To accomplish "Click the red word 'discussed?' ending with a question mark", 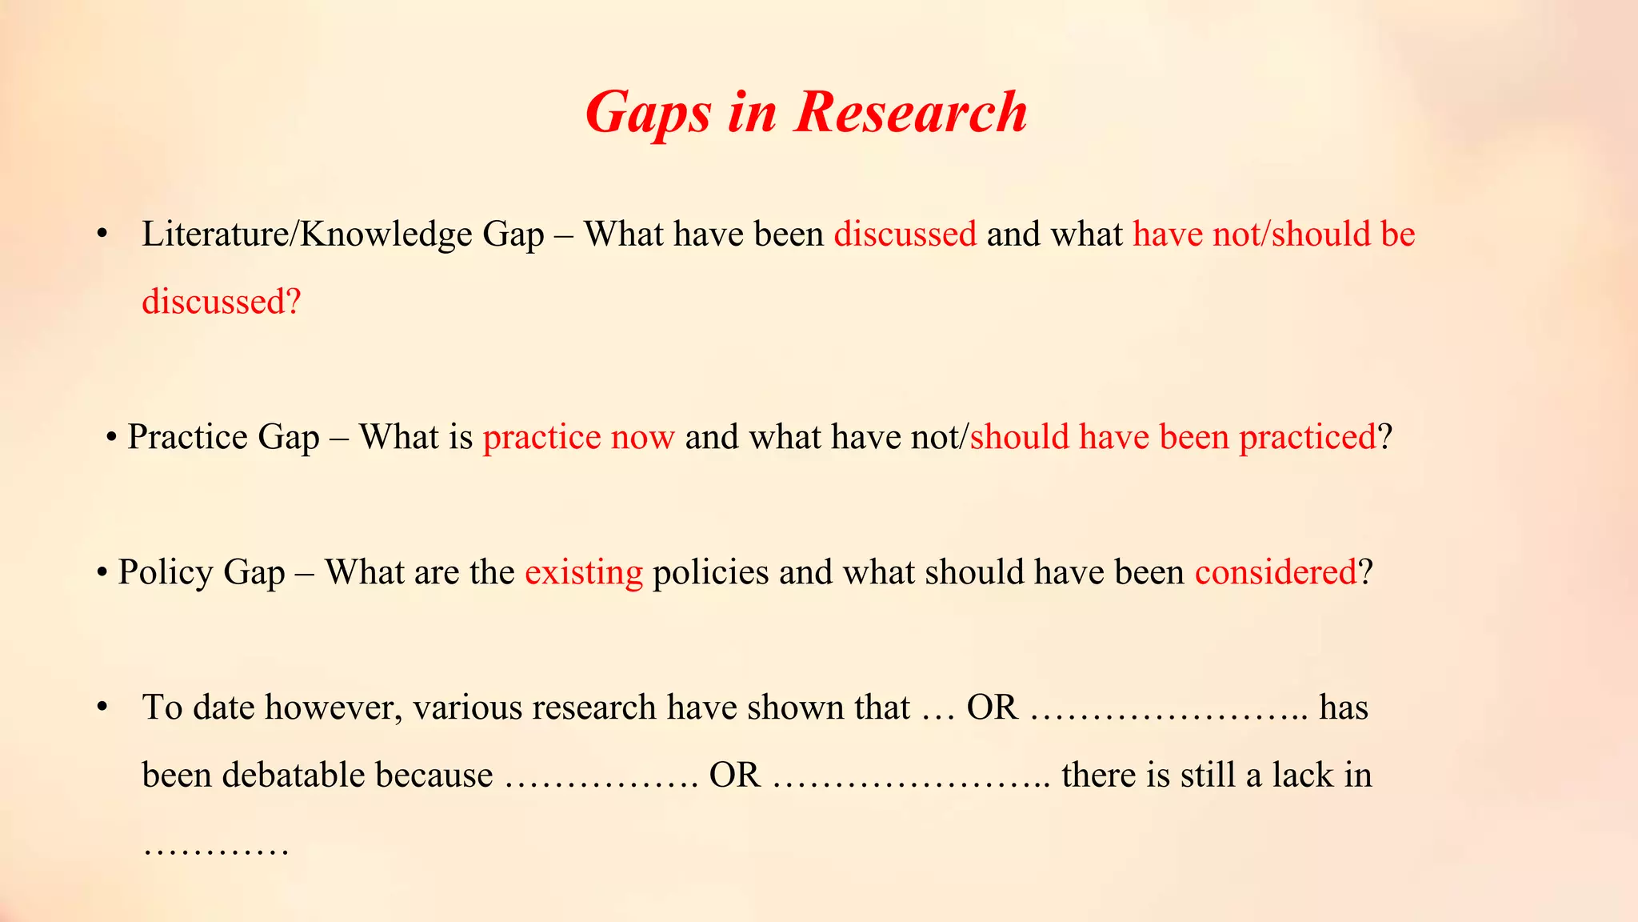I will point(222,302).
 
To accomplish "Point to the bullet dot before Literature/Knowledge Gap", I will point(102,235).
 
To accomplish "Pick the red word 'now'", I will point(642,437).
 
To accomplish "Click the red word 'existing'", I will point(583,572).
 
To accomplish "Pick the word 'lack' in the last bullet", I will point(1303,775).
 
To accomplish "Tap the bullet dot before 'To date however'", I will point(102,708).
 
